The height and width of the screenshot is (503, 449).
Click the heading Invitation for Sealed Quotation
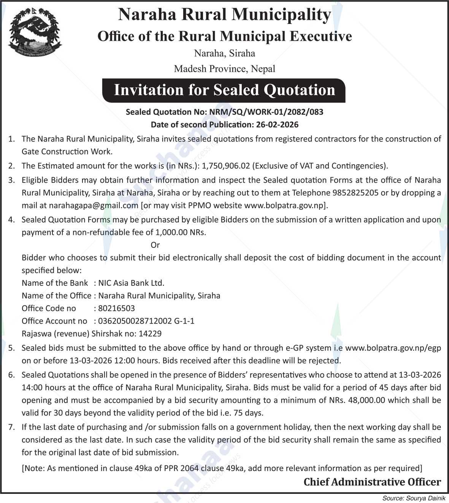coord(224,90)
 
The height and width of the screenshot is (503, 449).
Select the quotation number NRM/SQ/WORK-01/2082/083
coord(264,112)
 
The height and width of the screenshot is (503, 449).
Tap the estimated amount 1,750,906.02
coord(226,165)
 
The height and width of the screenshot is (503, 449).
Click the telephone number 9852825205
coord(355,192)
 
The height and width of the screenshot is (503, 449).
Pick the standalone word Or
coord(155,245)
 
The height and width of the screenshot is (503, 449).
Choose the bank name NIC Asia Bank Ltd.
coord(131,283)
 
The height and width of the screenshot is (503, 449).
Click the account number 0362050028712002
coord(135,321)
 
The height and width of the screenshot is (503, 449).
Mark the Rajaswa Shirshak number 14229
coord(150,333)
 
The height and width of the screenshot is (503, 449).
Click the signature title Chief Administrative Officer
coord(372,482)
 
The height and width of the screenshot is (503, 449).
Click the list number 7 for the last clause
coord(11,427)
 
